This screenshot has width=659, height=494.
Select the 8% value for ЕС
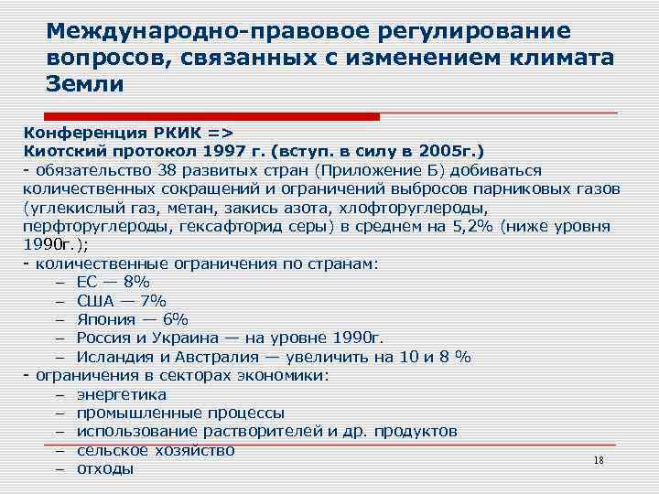(136, 282)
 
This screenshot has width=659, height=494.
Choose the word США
(96, 300)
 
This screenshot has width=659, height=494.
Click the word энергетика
(122, 394)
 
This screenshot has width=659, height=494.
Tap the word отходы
(105, 468)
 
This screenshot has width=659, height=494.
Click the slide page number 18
(600, 460)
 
